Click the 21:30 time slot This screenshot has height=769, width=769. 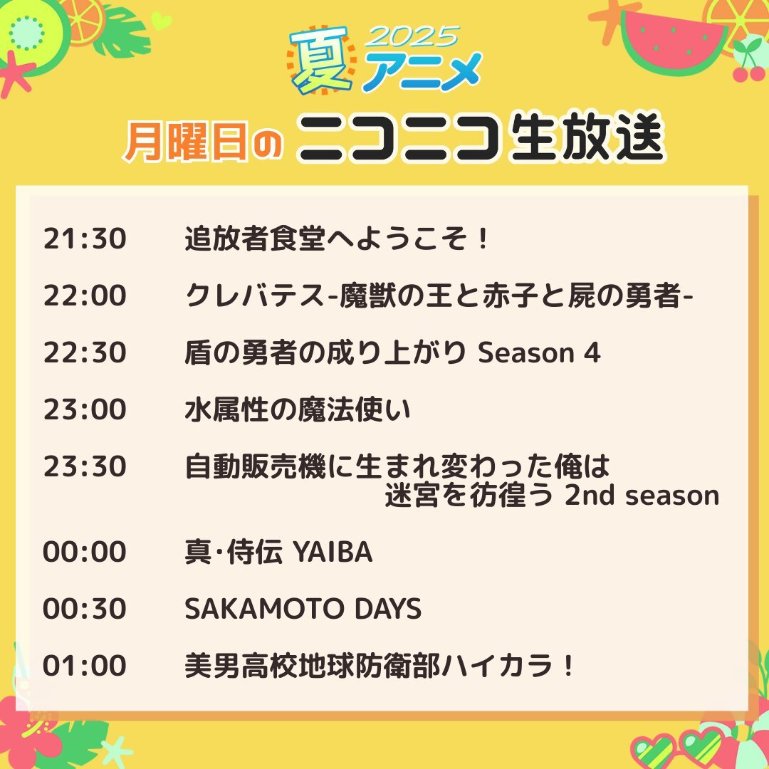tap(85, 239)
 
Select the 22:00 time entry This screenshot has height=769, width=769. tap(85, 295)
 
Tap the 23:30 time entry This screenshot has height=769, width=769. tap(85, 466)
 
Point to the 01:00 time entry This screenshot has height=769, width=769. tap(85, 666)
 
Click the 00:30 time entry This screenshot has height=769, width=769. tap(85, 609)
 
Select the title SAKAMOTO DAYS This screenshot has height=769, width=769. tap(303, 609)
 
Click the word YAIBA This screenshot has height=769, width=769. tap(333, 552)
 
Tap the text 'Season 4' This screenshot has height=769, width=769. tap(539, 352)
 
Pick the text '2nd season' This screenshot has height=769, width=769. tap(642, 496)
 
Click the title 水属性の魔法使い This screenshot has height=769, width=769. tap(298, 409)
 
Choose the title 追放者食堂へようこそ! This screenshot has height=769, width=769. tap(336, 239)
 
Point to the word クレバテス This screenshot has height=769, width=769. tap(255, 295)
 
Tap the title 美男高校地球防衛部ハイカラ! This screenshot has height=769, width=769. tap(379, 666)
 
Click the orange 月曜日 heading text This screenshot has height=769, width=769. tap(185, 141)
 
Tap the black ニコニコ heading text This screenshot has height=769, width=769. tap(399, 139)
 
